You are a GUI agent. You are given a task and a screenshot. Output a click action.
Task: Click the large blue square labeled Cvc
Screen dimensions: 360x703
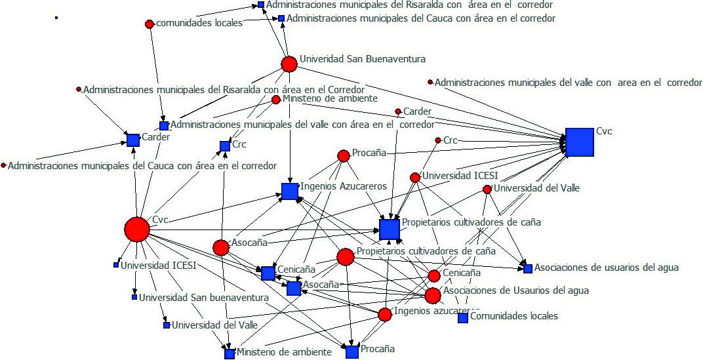pos(579,142)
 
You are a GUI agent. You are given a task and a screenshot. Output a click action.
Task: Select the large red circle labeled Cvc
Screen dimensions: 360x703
pos(137,230)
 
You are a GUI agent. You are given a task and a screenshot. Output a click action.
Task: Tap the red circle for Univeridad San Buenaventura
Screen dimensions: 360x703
pos(289,64)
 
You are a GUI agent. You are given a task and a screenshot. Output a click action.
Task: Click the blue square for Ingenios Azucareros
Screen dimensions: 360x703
pos(289,191)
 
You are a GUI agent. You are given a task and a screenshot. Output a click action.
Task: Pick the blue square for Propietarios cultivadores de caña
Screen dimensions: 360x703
pos(389,230)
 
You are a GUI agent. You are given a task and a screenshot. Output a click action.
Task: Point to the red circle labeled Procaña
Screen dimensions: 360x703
pos(343,155)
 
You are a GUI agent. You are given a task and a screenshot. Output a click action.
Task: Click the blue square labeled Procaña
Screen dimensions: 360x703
pos(352,351)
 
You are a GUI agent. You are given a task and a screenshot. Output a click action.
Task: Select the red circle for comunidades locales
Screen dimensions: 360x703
pos(149,24)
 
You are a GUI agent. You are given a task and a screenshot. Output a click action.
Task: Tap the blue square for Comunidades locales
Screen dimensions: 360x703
pos(463,317)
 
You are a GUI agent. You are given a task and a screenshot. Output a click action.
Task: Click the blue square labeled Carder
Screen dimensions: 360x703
pos(133,140)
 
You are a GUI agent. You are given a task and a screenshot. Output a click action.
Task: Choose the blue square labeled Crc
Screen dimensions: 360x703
pos(225,146)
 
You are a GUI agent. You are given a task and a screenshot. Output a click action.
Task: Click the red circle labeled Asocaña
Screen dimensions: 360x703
pos(221,247)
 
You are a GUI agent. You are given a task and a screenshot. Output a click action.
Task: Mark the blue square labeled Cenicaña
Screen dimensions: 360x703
pos(268,273)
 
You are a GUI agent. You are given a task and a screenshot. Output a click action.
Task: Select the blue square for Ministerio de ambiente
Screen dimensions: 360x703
pos(230,353)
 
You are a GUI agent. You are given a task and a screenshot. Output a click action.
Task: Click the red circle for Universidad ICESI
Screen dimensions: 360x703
pos(414,177)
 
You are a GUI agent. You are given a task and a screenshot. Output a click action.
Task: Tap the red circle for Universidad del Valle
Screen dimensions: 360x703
pos(487,189)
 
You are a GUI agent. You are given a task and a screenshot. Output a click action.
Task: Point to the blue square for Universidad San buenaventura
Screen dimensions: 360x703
pos(134,297)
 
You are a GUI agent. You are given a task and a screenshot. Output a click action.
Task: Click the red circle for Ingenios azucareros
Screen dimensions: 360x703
pos(385,315)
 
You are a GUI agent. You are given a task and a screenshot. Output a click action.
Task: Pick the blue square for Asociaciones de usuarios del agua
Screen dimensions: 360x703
pos(528,268)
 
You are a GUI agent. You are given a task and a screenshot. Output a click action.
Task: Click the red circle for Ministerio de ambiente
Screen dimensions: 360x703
pos(276,100)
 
